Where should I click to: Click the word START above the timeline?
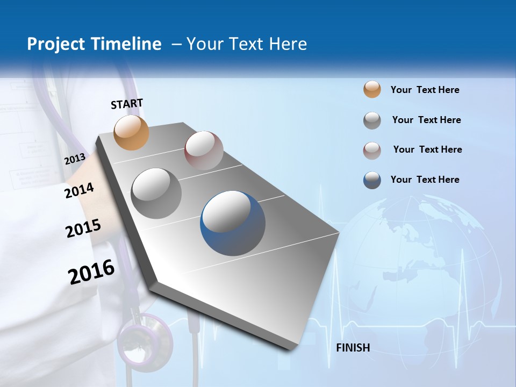coord(127,104)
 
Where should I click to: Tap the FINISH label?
coord(353,348)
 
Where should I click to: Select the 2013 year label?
coord(75,159)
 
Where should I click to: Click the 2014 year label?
coord(80,190)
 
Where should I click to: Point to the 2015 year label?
coord(83,228)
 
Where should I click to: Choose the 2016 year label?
coord(91,271)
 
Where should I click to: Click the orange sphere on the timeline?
coord(132,132)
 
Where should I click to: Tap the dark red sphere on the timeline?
coord(204,150)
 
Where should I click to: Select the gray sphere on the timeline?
coord(156,193)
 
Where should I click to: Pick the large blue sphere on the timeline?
coord(233,223)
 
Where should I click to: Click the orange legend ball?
coord(372,90)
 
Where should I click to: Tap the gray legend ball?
coord(372,120)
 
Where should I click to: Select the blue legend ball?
coord(372,180)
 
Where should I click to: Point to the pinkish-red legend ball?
coord(372,150)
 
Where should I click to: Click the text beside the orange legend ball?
coord(425,90)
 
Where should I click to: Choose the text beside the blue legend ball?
coord(425,180)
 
